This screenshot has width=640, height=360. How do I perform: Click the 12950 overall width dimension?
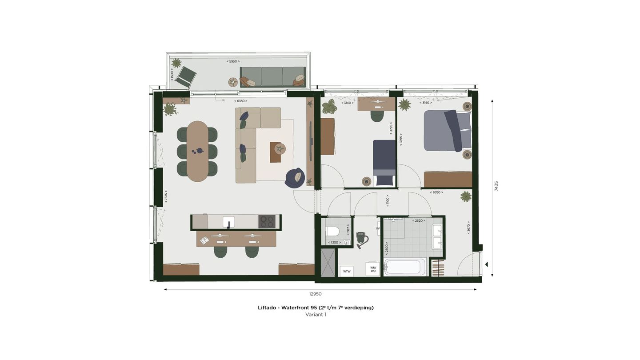(315, 294)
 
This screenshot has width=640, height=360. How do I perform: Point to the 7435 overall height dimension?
(496, 186)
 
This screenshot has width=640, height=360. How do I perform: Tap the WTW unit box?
(347, 271)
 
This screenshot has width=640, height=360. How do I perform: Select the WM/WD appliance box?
(373, 269)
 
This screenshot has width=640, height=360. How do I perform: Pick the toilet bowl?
(332, 232)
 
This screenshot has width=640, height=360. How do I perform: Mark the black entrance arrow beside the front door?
(486, 264)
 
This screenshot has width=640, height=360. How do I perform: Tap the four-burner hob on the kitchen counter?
(267, 221)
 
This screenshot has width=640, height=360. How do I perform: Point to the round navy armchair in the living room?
(295, 177)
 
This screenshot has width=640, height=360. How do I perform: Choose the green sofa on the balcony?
(272, 76)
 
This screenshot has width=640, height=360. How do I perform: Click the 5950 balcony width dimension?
(233, 61)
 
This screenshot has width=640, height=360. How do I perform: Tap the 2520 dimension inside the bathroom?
(419, 220)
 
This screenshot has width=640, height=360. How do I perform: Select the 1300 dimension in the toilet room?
(334, 242)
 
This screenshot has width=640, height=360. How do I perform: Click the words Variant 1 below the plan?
(316, 315)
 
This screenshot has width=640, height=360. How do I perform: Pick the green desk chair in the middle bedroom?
(377, 115)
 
